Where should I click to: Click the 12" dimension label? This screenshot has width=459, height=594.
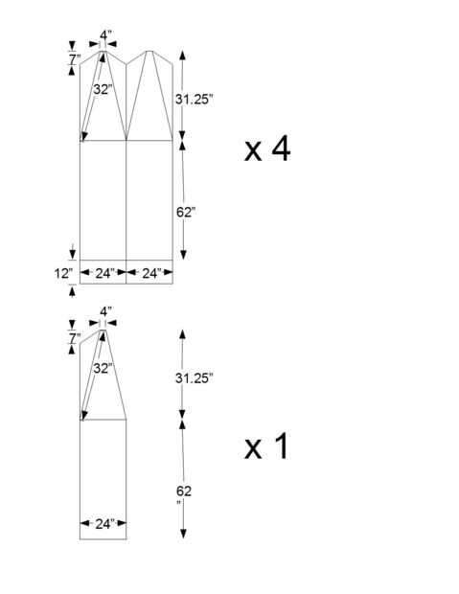63,273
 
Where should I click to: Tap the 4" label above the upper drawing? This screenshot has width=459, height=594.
105,34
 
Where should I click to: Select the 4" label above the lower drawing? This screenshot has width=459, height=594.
105,311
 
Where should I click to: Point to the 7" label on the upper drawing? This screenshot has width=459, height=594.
75,59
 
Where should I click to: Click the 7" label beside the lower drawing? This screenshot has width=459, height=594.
75,338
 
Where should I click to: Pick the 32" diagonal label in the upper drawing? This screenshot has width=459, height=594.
103,89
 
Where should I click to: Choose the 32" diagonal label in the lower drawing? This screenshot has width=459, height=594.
103,368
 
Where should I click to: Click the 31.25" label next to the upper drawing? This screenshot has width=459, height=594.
195,100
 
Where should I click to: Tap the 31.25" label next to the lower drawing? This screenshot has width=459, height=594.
195,377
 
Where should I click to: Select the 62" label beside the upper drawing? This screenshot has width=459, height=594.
186,212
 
